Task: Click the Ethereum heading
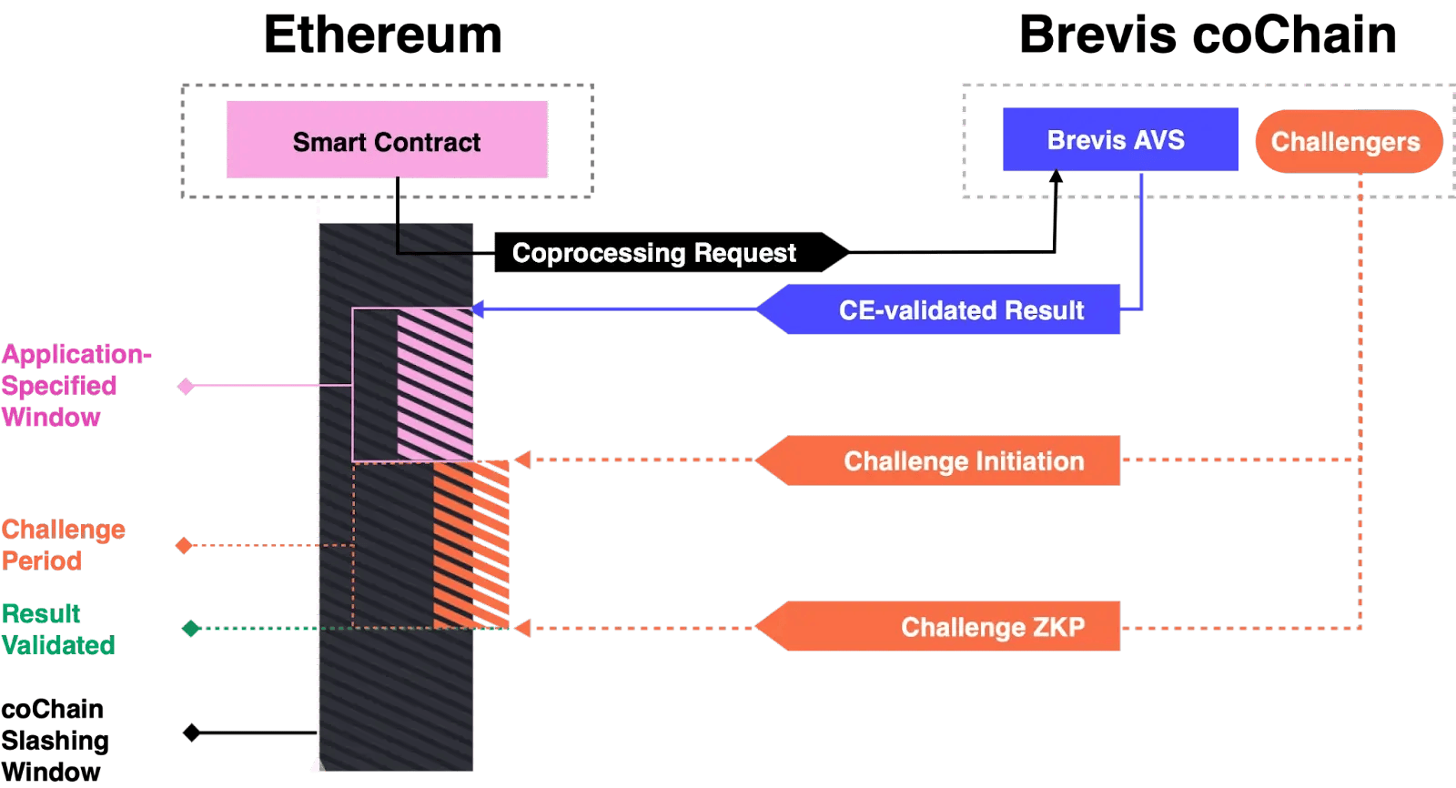(382, 36)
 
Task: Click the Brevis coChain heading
(1208, 36)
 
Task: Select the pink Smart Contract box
(387, 140)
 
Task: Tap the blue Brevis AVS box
(1119, 140)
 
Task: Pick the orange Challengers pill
(1348, 141)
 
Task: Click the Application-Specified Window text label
(73, 386)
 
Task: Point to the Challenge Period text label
(62, 545)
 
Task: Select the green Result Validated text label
(56, 629)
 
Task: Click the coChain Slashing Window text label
(55, 741)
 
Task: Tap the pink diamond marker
(187, 387)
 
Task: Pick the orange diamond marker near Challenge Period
(184, 545)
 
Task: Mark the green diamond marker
(191, 629)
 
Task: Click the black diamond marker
(191, 732)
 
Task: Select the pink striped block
(436, 384)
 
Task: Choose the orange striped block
(471, 544)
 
